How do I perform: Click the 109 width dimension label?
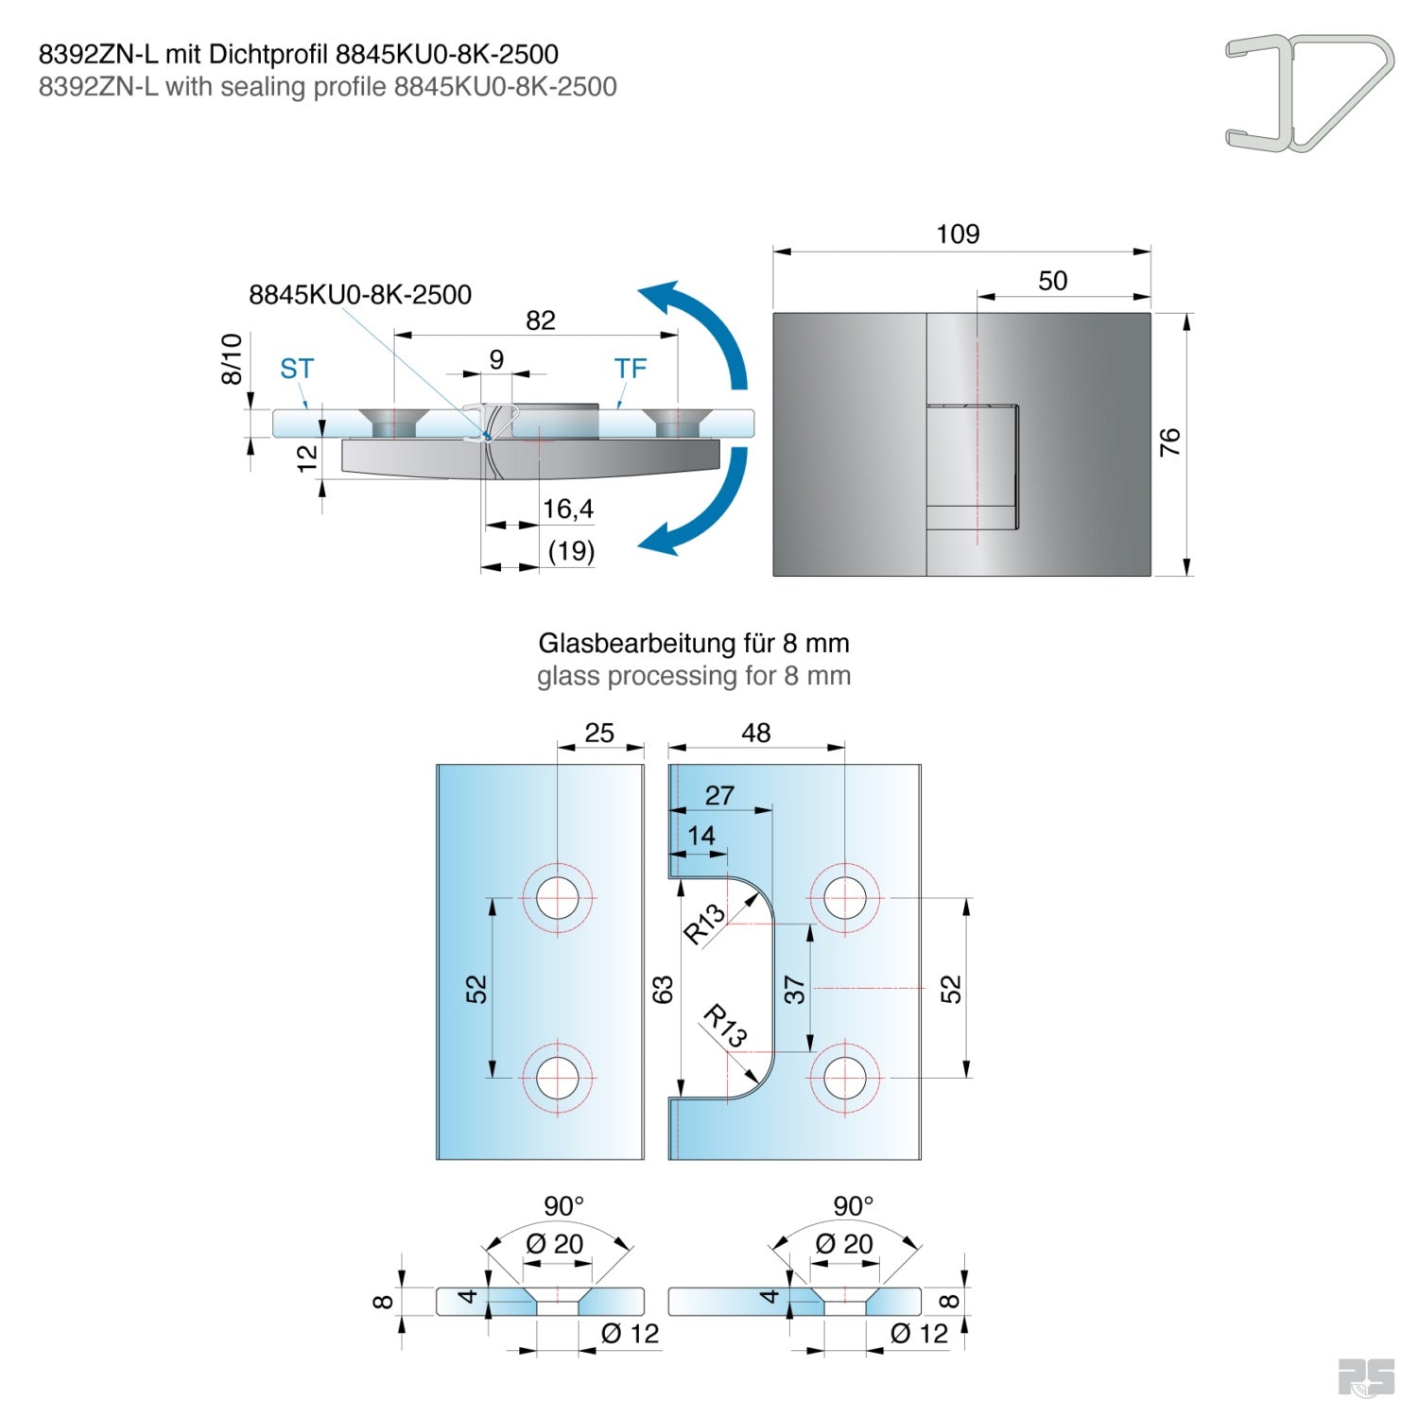(x=958, y=234)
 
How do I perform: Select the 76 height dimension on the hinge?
(x=1169, y=441)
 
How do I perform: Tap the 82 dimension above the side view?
(x=540, y=320)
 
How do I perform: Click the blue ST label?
(x=297, y=369)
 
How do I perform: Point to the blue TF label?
(x=630, y=369)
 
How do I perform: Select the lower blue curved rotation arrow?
(x=704, y=510)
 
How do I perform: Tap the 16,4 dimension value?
(x=567, y=510)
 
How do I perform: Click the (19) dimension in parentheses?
(x=571, y=550)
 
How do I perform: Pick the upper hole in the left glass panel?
(x=558, y=897)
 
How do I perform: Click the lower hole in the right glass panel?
(x=844, y=1077)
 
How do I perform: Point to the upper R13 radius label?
(x=704, y=924)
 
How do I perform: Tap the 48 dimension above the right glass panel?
(x=755, y=733)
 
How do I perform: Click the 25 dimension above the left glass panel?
(x=599, y=733)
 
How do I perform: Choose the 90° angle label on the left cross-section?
(x=563, y=1206)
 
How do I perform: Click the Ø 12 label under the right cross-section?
(x=919, y=1334)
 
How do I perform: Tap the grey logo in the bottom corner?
(x=1366, y=1377)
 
